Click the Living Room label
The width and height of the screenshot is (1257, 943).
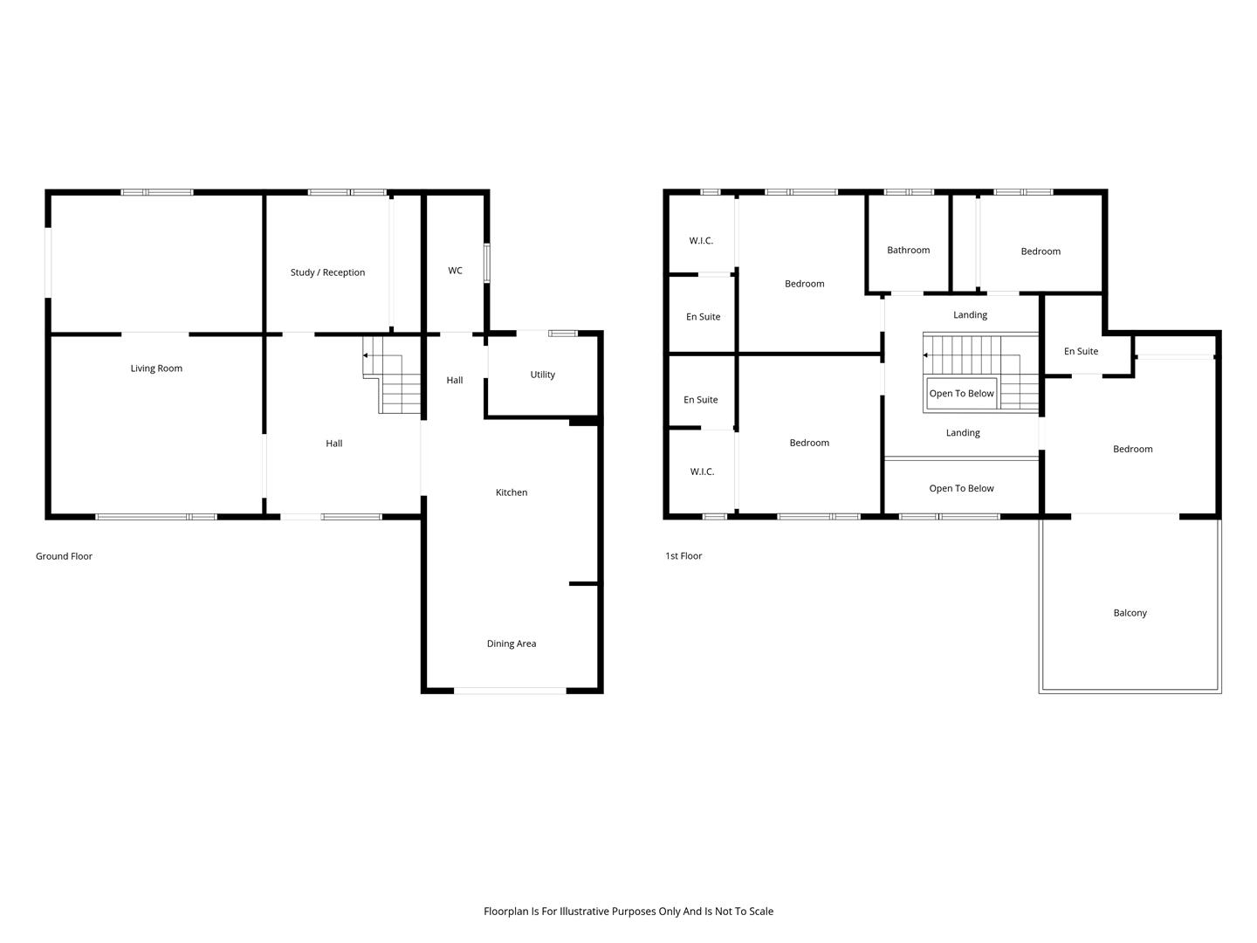[156, 368]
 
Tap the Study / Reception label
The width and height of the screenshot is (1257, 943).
[327, 272]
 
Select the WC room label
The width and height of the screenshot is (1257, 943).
[455, 271]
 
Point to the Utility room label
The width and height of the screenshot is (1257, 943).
[542, 375]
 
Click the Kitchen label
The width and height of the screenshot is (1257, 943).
[512, 492]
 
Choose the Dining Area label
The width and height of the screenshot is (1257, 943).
[512, 644]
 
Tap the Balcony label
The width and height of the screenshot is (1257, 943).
[1130, 613]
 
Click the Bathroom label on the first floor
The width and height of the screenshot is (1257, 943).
[908, 251]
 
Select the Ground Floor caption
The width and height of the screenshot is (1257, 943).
[64, 556]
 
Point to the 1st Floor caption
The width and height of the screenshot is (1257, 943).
[683, 555]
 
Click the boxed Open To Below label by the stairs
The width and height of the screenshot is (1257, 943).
[961, 393]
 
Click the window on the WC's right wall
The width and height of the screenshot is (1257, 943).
[487, 263]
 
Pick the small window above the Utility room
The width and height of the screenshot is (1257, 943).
[563, 334]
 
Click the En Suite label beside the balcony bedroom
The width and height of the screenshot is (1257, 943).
[1081, 351]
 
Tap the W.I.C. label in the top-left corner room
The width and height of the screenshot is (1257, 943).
[701, 240]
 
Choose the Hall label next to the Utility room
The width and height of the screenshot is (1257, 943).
[455, 380]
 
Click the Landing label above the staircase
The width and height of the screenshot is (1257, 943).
[970, 315]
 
